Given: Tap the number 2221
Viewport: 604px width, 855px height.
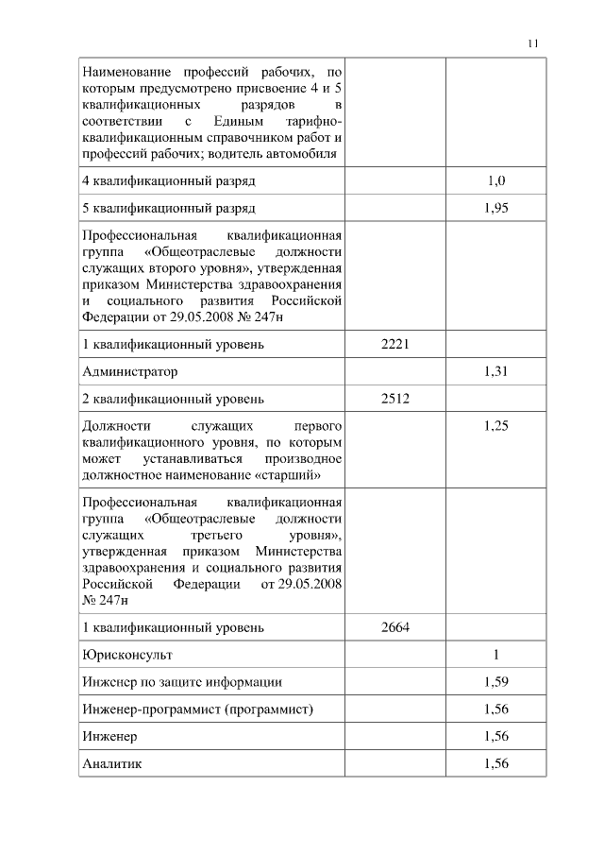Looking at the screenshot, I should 394,344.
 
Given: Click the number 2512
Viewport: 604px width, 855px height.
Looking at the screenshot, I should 394,398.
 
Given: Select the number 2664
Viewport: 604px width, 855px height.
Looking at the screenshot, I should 394,626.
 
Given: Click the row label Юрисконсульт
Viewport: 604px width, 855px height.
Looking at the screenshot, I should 127,654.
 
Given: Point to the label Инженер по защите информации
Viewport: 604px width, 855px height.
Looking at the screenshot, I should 182,681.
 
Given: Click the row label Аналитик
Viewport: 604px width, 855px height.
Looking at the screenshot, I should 111,763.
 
